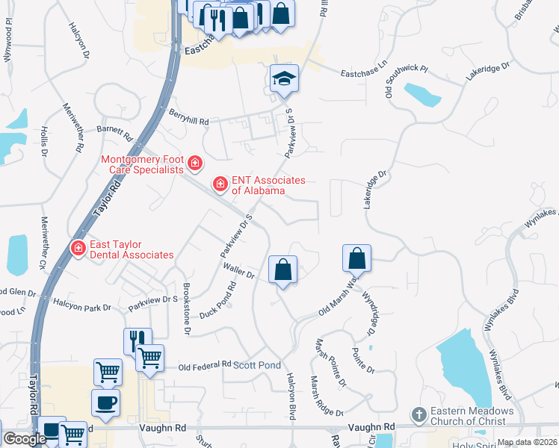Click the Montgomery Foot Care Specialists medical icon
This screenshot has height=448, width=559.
point(195,163)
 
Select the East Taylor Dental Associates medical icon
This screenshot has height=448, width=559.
point(77,247)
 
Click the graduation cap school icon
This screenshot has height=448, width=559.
point(284,78)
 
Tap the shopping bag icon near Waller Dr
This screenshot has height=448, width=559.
point(283,270)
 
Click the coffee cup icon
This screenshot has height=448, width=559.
point(105,402)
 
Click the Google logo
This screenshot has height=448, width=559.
point(24,439)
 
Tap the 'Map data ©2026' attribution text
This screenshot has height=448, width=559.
point(527,442)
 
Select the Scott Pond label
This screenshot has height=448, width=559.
point(257,365)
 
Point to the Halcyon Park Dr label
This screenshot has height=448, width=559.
point(81,305)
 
